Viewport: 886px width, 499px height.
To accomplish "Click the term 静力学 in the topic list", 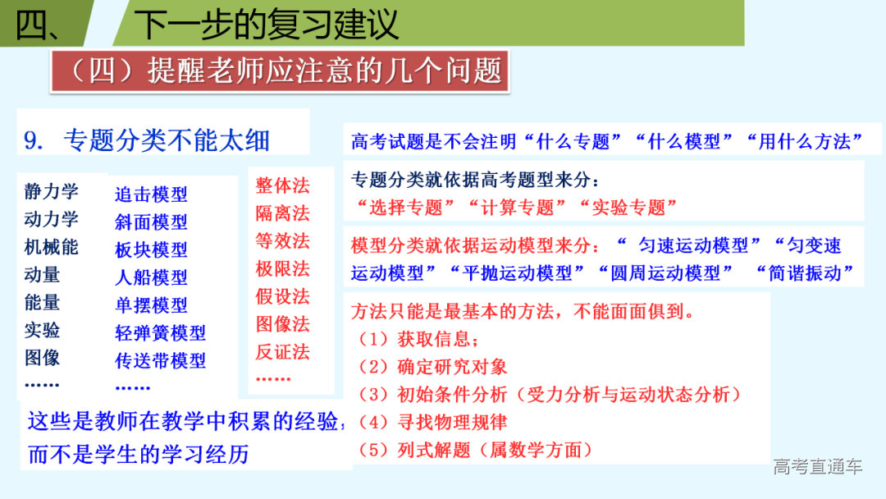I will pos(52,192).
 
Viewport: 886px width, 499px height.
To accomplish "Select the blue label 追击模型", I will pos(151,195).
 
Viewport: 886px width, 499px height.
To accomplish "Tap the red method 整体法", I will pos(282,185).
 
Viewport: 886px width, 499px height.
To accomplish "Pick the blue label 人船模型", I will pos(151,277).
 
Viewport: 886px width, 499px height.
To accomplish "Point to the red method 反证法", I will pos(282,352).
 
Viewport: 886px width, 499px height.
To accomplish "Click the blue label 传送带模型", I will pos(160,360).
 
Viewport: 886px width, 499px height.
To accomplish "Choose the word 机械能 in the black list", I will pos(52,247).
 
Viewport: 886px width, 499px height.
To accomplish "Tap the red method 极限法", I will pos(282,268).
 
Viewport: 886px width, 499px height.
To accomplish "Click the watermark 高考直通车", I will pos(818,467).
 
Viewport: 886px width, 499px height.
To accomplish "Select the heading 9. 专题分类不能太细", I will pos(147,140).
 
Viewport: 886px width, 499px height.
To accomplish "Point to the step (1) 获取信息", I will pos(419,338).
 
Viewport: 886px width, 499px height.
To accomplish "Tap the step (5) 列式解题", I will pos(475,450).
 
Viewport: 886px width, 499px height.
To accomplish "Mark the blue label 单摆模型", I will pos(151,305).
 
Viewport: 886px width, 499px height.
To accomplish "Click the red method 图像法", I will pos(282,324).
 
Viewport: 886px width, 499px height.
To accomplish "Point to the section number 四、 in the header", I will pos(38,25).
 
